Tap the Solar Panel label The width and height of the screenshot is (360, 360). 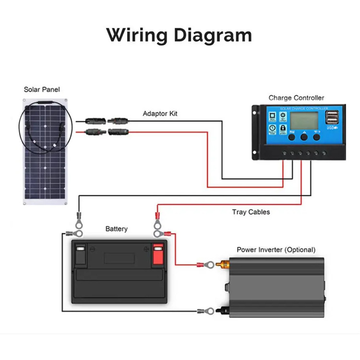[x=42, y=89]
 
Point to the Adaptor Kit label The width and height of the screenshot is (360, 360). [x=160, y=114]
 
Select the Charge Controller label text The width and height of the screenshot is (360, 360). [x=296, y=98]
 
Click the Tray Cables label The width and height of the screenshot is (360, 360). [x=251, y=212]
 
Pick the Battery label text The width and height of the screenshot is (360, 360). [x=117, y=229]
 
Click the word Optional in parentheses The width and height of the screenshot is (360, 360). [x=300, y=250]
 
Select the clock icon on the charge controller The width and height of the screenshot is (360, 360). [x=272, y=128]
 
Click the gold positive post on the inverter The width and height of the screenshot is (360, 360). [x=223, y=264]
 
